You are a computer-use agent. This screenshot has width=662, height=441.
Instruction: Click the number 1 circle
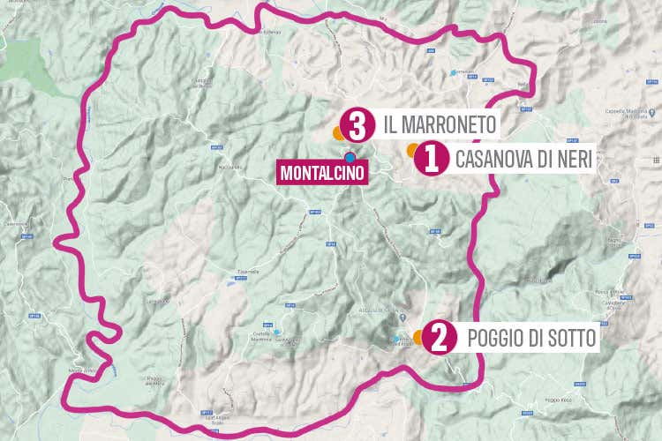(x=429, y=159)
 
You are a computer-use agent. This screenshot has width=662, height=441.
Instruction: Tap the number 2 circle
(x=440, y=337)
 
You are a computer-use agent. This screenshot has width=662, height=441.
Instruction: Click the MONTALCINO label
(x=321, y=173)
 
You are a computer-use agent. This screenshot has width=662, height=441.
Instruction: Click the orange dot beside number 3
(x=337, y=133)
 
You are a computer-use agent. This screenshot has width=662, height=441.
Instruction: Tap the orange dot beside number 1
(x=411, y=151)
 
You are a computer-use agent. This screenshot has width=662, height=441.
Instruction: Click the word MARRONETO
(x=448, y=124)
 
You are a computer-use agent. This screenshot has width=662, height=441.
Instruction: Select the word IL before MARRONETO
(x=390, y=124)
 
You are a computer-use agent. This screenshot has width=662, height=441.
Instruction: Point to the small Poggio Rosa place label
(x=559, y=400)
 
